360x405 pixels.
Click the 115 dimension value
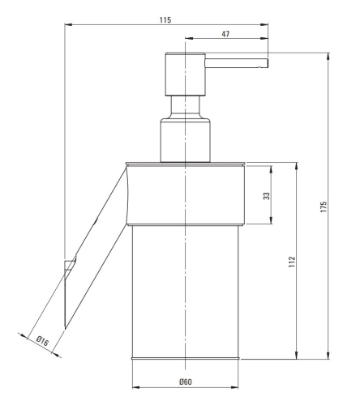pyautogui.click(x=165, y=18)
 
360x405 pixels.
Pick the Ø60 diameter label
pyautogui.click(x=185, y=381)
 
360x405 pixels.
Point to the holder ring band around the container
pyautogui.click(x=186, y=194)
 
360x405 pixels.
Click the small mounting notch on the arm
pyautogui.click(x=71, y=264)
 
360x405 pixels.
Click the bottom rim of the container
pyautogui.click(x=186, y=357)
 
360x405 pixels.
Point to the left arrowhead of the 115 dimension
pyautogui.click(x=66, y=23)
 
